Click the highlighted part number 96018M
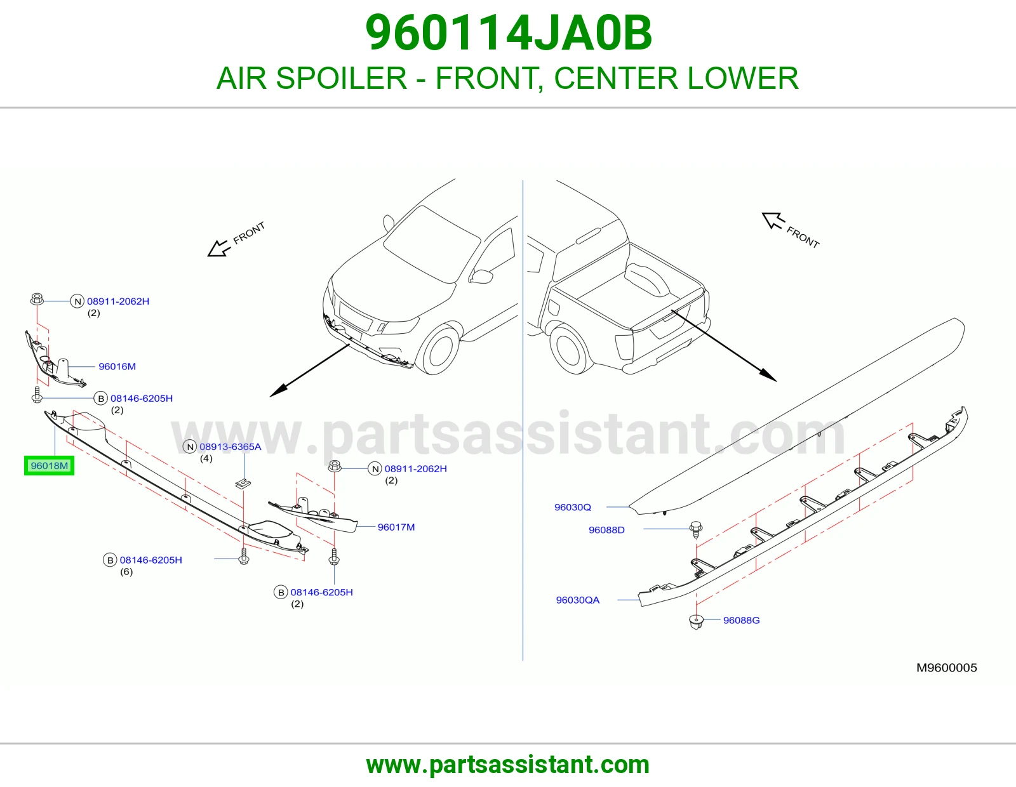coord(49,465)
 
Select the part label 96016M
coord(117,366)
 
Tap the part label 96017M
coord(396,527)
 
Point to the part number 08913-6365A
coord(230,447)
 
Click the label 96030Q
coord(573,507)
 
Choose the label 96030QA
coord(577,600)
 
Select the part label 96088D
coord(606,530)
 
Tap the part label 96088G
coord(741,620)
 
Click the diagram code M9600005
coord(946,668)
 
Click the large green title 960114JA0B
coord(508,33)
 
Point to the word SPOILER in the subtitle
coord(342,78)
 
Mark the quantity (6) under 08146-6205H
coord(126,572)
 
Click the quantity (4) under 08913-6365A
coord(206,458)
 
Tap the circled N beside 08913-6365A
coord(189,447)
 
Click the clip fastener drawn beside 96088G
coord(696,622)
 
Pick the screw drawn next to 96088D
coord(696,529)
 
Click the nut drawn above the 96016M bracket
coord(37,299)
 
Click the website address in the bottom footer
coord(508,765)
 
